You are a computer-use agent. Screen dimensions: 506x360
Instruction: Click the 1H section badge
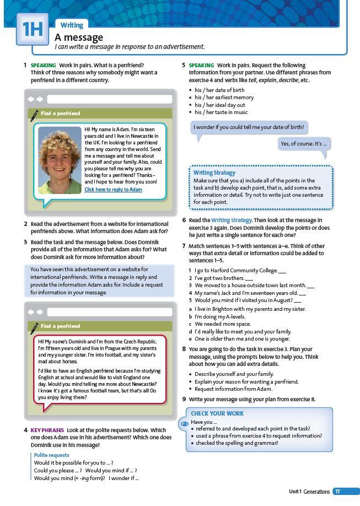pyautogui.click(x=33, y=29)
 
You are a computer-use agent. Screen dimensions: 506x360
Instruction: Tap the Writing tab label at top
pyautogui.click(x=72, y=25)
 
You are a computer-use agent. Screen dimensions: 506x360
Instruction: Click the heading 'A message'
pyautogui.click(x=79, y=37)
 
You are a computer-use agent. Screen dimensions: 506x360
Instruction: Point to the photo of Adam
pyautogui.click(x=60, y=160)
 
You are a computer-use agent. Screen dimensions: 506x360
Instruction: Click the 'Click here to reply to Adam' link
pyautogui.click(x=113, y=190)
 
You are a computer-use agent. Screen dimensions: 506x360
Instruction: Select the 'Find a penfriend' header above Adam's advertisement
pyautogui.click(x=60, y=114)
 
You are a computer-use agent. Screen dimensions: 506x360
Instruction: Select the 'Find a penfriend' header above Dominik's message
pyautogui.click(x=60, y=326)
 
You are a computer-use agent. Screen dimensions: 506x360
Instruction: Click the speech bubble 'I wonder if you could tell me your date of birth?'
pyautogui.click(x=249, y=127)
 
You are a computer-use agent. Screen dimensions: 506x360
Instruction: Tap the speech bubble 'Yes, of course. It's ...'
pyautogui.click(x=304, y=144)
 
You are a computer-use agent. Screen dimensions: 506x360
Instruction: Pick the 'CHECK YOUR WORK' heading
pyautogui.click(x=217, y=413)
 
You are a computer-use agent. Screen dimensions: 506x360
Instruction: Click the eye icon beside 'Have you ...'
pyautogui.click(x=185, y=424)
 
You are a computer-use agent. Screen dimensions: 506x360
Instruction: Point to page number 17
pyautogui.click(x=337, y=492)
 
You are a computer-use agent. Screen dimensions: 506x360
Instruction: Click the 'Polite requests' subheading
pyautogui.click(x=51, y=455)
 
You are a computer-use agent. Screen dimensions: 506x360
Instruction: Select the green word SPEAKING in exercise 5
pyautogui.click(x=201, y=65)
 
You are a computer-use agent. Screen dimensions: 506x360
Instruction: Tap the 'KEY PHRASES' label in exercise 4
pyautogui.click(x=47, y=430)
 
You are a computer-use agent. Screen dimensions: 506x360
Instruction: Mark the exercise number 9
pyautogui.click(x=184, y=399)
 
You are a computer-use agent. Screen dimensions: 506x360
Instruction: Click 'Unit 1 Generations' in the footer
pyautogui.click(x=309, y=492)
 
